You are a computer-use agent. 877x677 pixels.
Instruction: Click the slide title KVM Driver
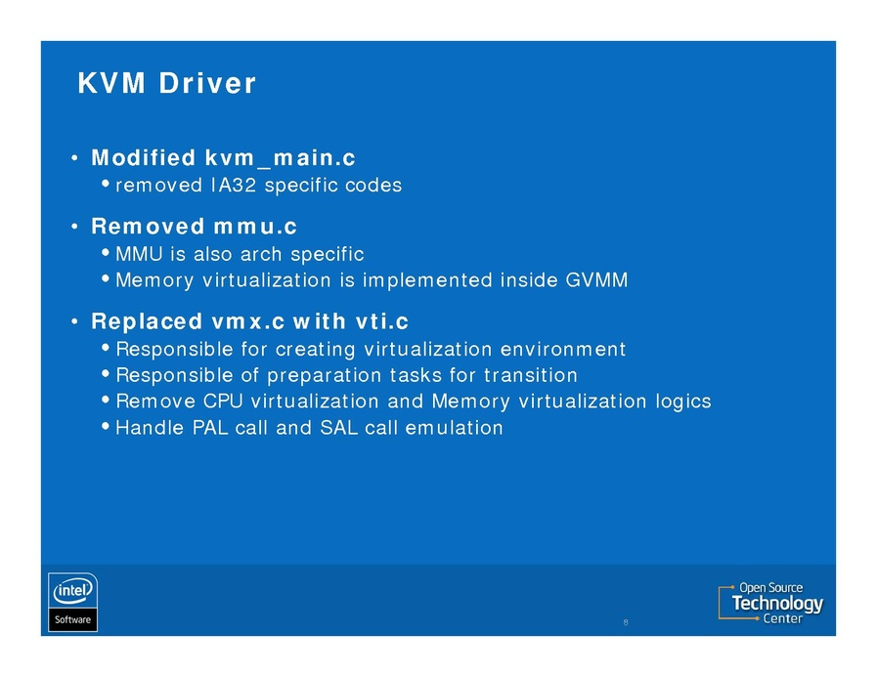[x=166, y=83]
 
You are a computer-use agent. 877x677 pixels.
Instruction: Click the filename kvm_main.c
[x=281, y=157]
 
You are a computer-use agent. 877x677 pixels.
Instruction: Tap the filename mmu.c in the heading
[x=255, y=227]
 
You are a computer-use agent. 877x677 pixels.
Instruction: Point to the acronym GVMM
[x=596, y=279]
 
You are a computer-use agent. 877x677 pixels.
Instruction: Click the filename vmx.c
[x=248, y=321]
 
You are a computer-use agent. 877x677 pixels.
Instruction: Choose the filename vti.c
[x=382, y=321]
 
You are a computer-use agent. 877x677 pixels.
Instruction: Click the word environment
[x=562, y=350]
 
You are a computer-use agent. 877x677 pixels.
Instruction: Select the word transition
[x=530, y=375]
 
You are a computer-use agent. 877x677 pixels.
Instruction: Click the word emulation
[x=454, y=428]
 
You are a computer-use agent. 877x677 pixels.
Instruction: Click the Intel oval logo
[x=72, y=591]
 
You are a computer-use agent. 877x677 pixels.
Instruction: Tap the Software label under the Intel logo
[x=72, y=619]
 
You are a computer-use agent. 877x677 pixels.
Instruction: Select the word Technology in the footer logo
[x=777, y=604]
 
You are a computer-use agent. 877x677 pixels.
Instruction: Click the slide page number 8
[x=626, y=622]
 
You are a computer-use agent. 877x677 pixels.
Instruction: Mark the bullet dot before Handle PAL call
[x=106, y=427]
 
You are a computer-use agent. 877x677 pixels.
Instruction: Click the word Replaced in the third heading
[x=147, y=321]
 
